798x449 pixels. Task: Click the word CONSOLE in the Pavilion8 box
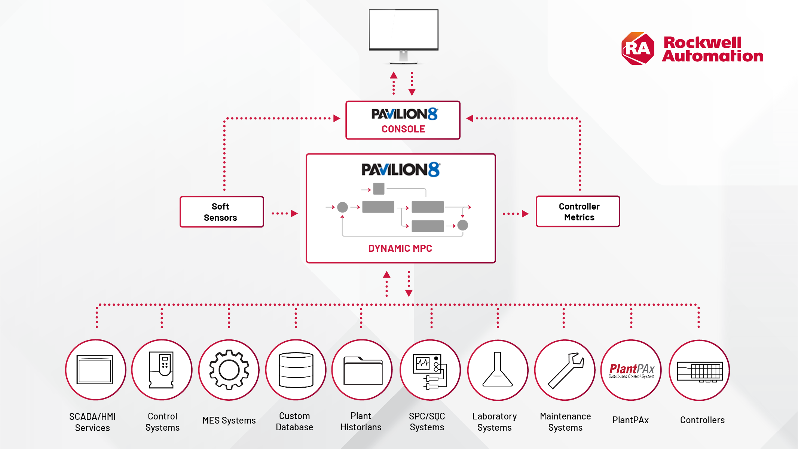coord(403,129)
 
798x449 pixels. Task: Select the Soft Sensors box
coord(221,212)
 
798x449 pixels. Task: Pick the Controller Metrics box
coord(578,212)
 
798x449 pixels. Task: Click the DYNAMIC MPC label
coord(400,248)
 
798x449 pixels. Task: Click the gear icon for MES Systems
coord(229,370)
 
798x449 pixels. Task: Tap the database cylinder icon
coord(296,370)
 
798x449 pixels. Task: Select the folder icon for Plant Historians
coord(363,371)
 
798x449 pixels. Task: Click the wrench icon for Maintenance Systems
coord(565,370)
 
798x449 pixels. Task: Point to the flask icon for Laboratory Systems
coord(497,370)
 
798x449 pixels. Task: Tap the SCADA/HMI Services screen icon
coord(95,370)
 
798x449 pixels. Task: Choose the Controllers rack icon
coord(699,371)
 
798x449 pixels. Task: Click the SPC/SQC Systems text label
coord(427,422)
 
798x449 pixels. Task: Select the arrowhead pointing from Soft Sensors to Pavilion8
coord(294,214)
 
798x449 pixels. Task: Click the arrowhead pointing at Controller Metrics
coord(525,214)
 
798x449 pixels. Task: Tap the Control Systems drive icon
coord(162,370)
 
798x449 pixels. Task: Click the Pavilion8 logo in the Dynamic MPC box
coord(401,170)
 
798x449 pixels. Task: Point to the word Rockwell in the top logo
coord(702,43)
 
